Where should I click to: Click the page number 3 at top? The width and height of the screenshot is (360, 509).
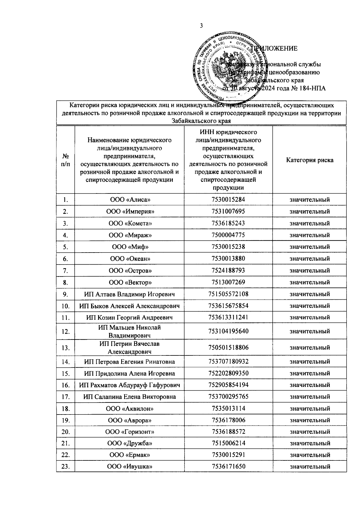tap(201, 26)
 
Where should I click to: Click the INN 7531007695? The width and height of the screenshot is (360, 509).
tap(228, 211)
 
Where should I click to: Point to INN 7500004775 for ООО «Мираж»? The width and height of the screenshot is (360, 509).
tap(228, 235)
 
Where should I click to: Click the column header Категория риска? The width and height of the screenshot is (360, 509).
tap(310, 160)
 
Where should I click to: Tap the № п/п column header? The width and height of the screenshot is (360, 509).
tap(65, 160)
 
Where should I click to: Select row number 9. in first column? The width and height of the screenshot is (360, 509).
tap(65, 294)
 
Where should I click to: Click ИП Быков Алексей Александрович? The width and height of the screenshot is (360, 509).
tap(129, 306)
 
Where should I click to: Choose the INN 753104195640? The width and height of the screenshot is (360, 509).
tap(228, 331)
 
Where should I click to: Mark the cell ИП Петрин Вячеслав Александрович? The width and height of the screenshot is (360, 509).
tap(129, 348)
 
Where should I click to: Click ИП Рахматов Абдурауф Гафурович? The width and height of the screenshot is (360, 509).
tap(129, 385)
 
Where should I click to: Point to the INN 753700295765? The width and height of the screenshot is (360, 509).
tap(228, 397)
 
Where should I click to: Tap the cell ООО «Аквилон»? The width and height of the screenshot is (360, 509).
tap(129, 409)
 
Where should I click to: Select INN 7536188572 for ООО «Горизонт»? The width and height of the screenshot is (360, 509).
tap(228, 432)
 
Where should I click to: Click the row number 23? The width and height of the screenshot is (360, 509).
tap(65, 467)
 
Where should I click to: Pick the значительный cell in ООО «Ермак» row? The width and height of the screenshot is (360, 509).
tap(310, 455)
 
